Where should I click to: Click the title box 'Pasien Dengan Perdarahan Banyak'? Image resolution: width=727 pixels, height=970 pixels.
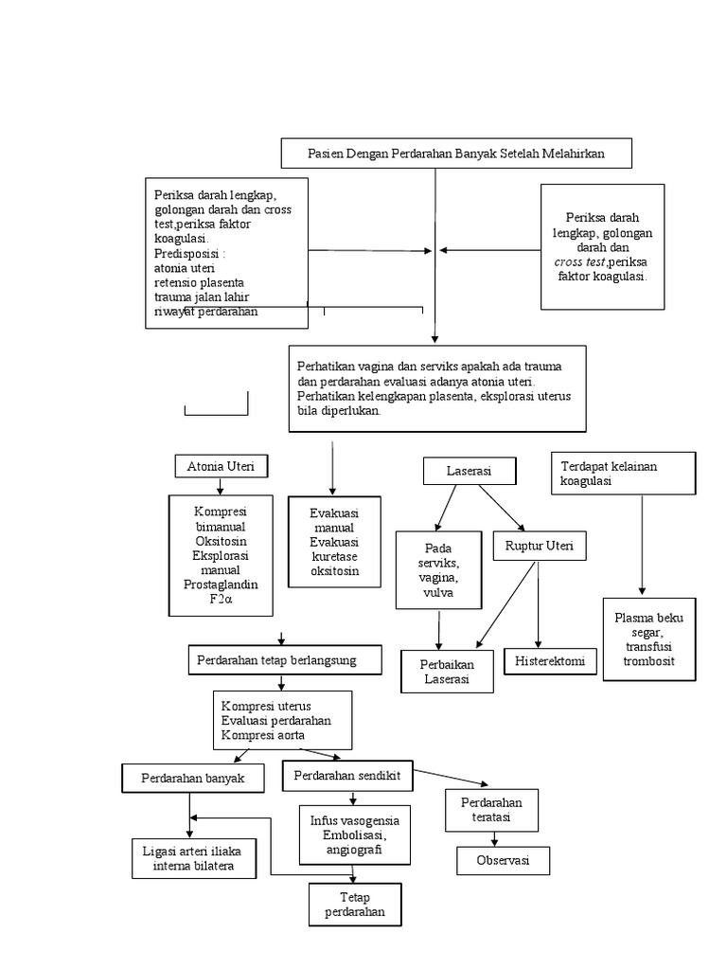tap(456, 153)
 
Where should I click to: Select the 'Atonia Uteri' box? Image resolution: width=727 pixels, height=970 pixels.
tap(222, 466)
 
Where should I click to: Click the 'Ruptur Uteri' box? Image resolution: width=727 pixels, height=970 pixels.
tap(540, 546)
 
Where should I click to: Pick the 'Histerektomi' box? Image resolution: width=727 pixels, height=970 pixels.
tap(550, 660)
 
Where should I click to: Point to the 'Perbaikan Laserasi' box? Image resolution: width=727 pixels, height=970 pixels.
tap(447, 672)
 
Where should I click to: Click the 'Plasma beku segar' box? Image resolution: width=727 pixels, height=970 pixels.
tap(648, 638)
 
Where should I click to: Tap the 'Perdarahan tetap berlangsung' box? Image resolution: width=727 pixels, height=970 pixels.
tap(275, 660)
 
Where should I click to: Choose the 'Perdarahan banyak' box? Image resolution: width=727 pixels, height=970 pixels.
tap(193, 778)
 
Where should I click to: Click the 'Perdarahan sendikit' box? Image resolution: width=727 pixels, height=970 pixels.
tap(347, 775)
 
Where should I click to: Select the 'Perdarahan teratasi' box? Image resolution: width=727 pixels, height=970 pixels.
tap(491, 809)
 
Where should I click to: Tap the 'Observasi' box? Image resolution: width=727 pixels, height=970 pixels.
tap(503, 861)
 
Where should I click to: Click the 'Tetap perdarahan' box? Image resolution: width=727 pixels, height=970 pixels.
tap(355, 905)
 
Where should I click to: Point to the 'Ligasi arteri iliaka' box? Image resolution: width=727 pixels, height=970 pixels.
tap(193, 858)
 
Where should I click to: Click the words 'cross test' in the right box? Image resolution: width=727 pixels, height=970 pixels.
tap(580, 261)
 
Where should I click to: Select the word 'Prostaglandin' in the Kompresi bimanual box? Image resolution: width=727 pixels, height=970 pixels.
tap(221, 584)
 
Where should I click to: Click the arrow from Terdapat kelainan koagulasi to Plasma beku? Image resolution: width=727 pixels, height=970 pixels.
tap(643, 545)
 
